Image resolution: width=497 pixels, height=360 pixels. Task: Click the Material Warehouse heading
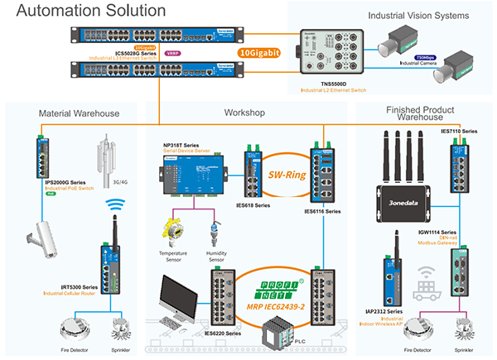pyautogui.click(x=79, y=113)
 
